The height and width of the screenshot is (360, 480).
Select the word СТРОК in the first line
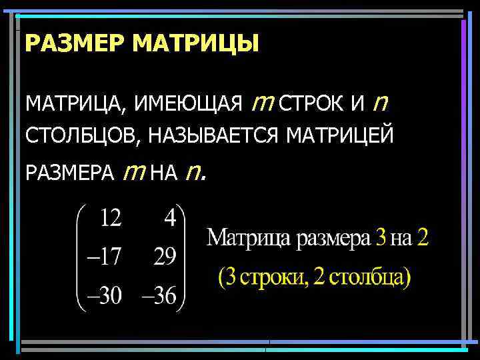point(313,105)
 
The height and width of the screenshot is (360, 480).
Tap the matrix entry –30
point(102,295)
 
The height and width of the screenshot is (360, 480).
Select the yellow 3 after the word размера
point(381,238)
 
